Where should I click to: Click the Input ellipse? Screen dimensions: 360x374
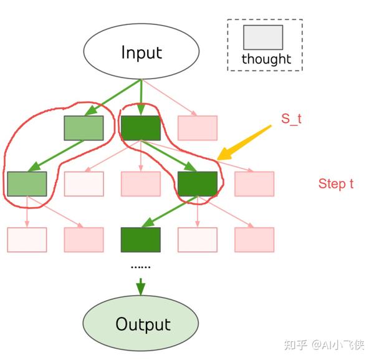coord(141,52)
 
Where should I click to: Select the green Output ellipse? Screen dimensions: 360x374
coord(141,324)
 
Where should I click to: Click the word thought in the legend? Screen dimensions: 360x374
coord(266,59)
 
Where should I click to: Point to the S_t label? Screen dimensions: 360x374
coord(290,119)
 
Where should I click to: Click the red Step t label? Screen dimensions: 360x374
coord(336,183)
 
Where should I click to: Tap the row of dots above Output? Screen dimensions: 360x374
coord(140,266)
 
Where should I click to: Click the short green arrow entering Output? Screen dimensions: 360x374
coord(140,285)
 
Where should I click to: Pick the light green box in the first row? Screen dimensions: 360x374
coord(84,128)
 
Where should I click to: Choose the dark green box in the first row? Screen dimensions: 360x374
coord(140,128)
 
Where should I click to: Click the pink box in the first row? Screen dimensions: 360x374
coord(198,128)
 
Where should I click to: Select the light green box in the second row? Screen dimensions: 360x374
coord(27,183)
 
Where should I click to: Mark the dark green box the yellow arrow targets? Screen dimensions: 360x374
coord(198,183)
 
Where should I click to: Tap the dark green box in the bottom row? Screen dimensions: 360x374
coord(140,240)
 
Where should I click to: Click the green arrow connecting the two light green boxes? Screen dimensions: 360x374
coord(56,155)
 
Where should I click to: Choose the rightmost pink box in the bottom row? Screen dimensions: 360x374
coord(254,240)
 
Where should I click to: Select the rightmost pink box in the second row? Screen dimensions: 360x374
coord(254,183)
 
